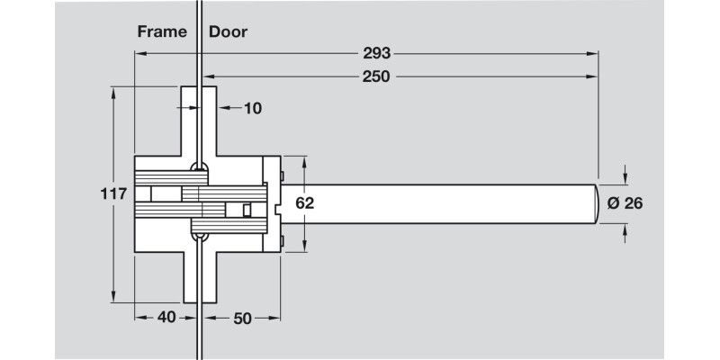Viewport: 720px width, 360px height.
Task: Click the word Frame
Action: pyautogui.click(x=162, y=31)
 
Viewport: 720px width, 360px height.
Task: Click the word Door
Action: pyautogui.click(x=228, y=31)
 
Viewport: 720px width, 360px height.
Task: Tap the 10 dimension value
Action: pyautogui.click(x=252, y=108)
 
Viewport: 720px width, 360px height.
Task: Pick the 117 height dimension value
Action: pyautogui.click(x=113, y=191)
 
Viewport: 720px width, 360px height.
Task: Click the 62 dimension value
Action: pyautogui.click(x=305, y=203)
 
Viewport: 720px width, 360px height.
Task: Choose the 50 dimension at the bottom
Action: pyautogui.click(x=242, y=318)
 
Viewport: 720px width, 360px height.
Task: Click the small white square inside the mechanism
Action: pyautogui.click(x=247, y=210)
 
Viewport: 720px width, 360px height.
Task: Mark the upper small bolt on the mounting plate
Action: pyautogui.click(x=283, y=174)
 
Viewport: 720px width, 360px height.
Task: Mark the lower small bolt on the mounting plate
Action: pyautogui.click(x=283, y=240)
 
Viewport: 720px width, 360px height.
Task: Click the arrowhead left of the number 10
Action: pyautogui.click(x=222, y=108)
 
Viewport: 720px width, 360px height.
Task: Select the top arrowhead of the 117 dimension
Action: pyautogui.click(x=113, y=91)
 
